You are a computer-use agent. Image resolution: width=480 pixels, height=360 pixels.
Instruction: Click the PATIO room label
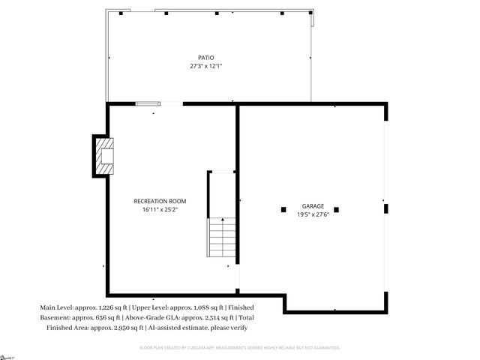[205, 57]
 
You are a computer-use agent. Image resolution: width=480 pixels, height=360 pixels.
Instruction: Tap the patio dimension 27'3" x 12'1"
[205, 66]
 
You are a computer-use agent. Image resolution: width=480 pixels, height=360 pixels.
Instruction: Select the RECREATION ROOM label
[160, 201]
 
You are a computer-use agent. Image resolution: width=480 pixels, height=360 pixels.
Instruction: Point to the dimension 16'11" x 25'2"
[160, 210]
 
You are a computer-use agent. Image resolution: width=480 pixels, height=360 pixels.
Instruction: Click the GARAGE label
[313, 205]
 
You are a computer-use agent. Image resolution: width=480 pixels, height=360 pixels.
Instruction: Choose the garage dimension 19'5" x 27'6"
[313, 214]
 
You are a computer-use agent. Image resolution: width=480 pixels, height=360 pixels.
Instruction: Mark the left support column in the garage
[283, 209]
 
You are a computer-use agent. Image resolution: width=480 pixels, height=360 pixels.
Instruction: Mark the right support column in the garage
[337, 209]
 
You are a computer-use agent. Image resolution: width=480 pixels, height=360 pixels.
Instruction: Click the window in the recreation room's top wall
[147, 103]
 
